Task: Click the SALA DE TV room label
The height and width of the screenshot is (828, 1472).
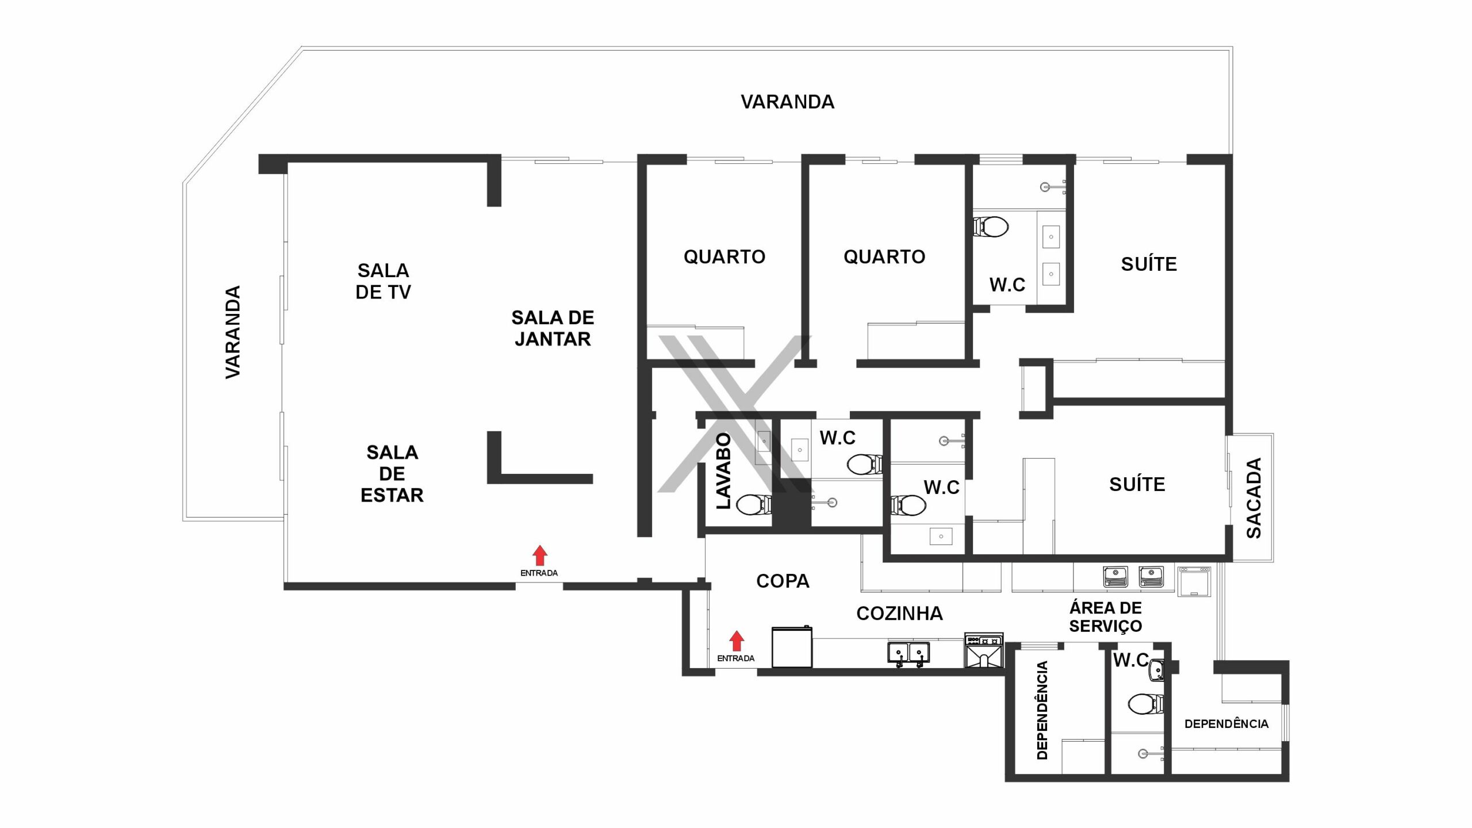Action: click(x=383, y=281)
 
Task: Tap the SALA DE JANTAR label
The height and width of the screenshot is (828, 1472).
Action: click(x=553, y=328)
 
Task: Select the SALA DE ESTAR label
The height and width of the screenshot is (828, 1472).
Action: click(x=392, y=473)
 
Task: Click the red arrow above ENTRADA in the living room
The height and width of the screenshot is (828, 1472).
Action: click(x=539, y=555)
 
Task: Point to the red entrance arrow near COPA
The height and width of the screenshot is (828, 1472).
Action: click(x=737, y=641)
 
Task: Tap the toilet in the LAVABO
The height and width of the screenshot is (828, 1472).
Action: click(x=753, y=505)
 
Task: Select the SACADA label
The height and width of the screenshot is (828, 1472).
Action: click(x=1253, y=498)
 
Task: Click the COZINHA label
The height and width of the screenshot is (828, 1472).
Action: click(x=899, y=614)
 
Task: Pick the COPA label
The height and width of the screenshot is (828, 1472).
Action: click(x=783, y=581)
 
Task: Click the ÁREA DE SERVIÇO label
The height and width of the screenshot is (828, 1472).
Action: click(x=1105, y=616)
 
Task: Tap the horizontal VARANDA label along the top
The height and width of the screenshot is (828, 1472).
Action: click(x=787, y=102)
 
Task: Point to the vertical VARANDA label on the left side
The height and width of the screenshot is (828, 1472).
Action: click(x=232, y=332)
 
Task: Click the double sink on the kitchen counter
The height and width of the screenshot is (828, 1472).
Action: click(x=908, y=654)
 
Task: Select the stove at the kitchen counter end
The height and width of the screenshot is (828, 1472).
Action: click(x=984, y=650)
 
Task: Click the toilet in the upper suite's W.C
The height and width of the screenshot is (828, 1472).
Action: click(x=991, y=227)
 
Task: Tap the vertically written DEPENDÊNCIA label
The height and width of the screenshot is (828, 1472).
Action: click(x=1042, y=710)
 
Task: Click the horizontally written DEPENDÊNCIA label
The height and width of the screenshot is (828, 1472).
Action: click(x=1226, y=724)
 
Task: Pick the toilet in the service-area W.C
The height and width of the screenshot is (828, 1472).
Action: click(x=1146, y=703)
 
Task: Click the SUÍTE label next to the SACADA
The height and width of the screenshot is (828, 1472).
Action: click(x=1137, y=484)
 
